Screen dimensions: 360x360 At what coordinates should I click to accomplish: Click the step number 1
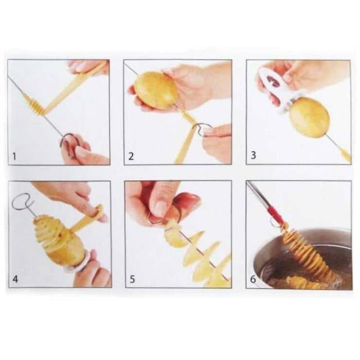point(15,156)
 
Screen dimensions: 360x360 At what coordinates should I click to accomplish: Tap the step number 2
point(131,156)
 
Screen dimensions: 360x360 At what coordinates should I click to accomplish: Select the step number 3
point(253,155)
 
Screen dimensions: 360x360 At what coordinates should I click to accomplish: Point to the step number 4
point(15,279)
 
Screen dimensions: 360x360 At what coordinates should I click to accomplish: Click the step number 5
point(132,279)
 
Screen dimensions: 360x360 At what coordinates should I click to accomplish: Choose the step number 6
point(253,279)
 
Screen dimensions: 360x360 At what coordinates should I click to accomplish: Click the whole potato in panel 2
point(156,90)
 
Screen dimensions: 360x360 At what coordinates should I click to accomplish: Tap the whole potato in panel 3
point(309,117)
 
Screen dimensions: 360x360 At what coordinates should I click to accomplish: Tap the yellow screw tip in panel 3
point(345,154)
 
